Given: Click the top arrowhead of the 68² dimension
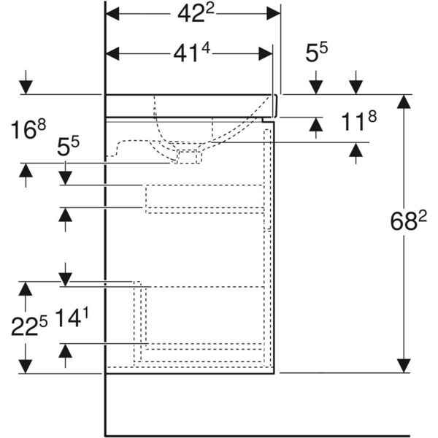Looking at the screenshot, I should (x=401, y=102).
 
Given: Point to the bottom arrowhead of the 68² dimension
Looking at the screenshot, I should (x=401, y=364).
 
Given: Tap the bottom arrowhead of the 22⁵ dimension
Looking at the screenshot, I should (x=26, y=364).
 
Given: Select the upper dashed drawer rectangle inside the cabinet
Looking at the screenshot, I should (x=204, y=199).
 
